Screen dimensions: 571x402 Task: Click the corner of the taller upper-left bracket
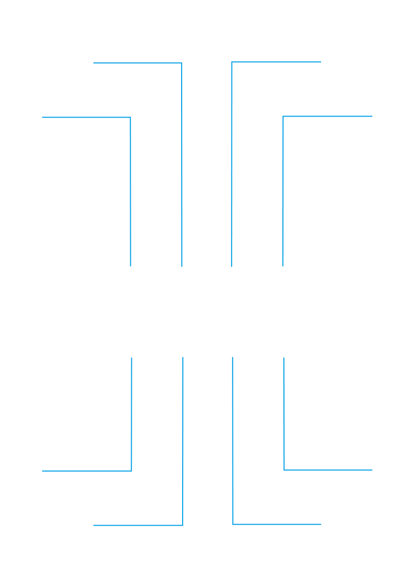click(x=181, y=63)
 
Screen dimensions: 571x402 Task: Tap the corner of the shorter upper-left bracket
click(x=130, y=118)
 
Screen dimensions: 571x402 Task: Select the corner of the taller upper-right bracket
click(x=232, y=62)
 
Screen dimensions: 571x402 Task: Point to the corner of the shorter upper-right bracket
click(x=283, y=117)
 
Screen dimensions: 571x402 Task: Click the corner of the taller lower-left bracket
click(x=182, y=525)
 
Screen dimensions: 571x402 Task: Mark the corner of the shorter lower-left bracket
click(x=131, y=471)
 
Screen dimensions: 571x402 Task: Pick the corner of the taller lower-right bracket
click(x=233, y=524)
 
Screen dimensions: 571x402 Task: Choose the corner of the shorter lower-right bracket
click(x=284, y=469)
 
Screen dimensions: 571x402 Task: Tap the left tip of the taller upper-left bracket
click(x=94, y=63)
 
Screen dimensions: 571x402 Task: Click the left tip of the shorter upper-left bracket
click(x=42, y=118)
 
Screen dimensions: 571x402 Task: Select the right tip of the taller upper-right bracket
click(x=321, y=62)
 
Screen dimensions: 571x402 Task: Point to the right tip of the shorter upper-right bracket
click(x=372, y=117)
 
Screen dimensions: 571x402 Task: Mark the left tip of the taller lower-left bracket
click(x=94, y=525)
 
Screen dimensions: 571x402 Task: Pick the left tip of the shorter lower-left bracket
click(x=42, y=471)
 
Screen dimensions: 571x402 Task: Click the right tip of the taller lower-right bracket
click(x=321, y=524)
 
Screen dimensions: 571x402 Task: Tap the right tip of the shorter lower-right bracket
click(x=372, y=470)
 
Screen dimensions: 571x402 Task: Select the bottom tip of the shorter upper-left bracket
click(x=131, y=266)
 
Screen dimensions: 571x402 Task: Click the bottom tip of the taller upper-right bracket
click(x=232, y=266)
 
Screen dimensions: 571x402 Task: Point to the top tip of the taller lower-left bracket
click(x=183, y=357)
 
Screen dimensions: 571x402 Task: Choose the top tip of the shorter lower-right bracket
click(x=283, y=358)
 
